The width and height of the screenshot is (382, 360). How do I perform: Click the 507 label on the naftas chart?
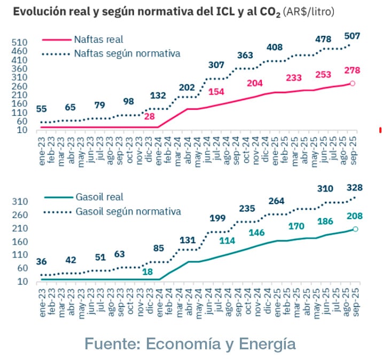(x=352, y=36)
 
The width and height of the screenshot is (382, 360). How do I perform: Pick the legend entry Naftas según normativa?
(x=127, y=53)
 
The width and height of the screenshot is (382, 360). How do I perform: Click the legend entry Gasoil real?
(x=99, y=198)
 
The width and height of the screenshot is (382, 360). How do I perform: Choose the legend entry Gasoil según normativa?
(x=127, y=212)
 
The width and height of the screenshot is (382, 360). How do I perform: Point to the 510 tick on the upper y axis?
(x=20, y=42)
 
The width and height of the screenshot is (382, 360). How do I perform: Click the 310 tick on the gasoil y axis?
(x=20, y=201)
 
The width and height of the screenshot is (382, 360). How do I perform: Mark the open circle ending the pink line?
(x=353, y=83)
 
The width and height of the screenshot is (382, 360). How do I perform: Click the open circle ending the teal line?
(x=355, y=229)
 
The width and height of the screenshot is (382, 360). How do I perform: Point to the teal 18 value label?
(x=148, y=271)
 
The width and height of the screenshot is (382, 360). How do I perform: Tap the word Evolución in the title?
(x=35, y=11)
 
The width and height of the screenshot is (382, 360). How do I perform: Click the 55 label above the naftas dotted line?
(x=41, y=109)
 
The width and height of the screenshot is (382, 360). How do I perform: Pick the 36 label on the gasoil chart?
(x=41, y=262)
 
